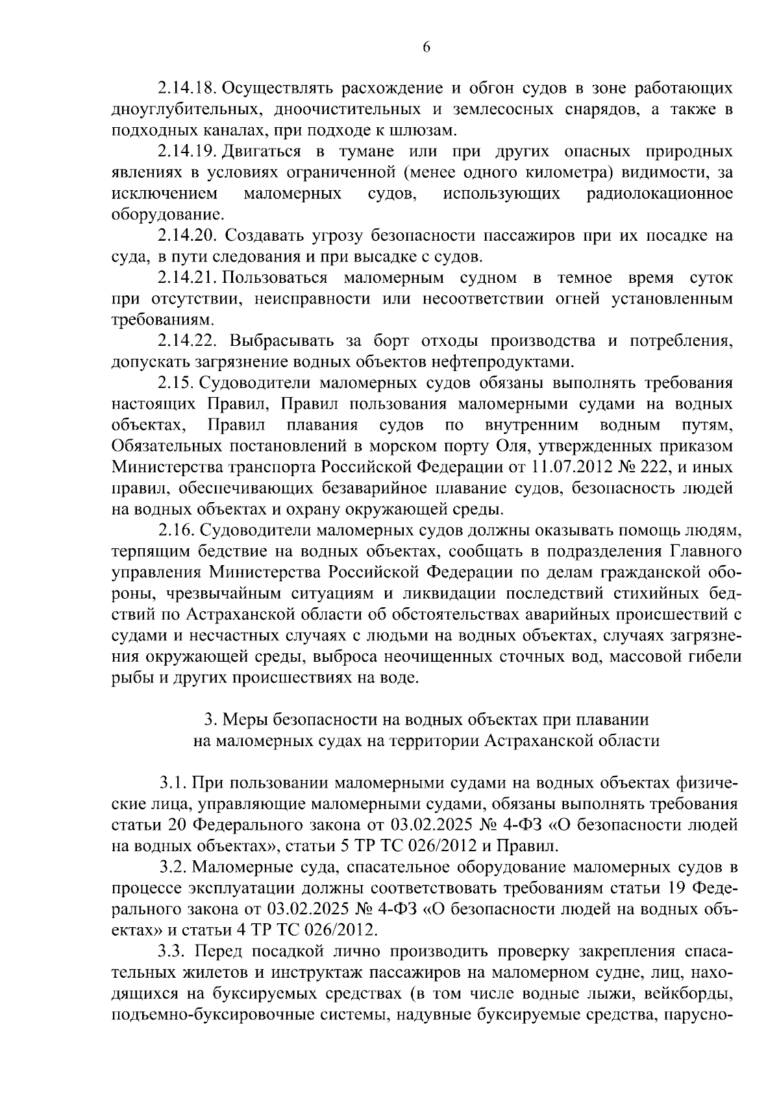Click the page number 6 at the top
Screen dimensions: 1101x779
coord(427,47)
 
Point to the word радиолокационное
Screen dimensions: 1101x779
coord(660,193)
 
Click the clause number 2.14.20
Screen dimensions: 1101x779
coord(188,236)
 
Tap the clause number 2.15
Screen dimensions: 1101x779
coord(175,383)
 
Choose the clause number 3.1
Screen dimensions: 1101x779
coord(173,784)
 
